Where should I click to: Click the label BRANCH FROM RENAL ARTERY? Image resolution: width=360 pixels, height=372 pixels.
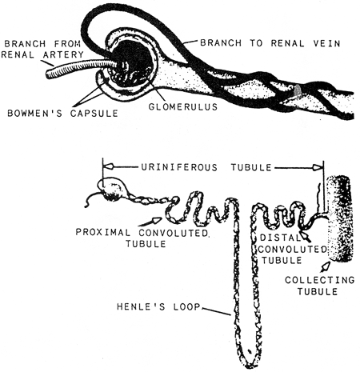[42, 49]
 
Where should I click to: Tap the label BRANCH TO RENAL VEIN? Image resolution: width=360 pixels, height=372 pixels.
[270, 43]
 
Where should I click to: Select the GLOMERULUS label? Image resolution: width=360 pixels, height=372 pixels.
[183, 106]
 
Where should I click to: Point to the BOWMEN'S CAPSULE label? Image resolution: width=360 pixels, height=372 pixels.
[62, 113]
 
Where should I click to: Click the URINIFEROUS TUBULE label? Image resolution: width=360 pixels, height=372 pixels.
[206, 167]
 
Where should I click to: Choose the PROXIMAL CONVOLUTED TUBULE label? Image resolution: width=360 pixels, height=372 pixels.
[143, 238]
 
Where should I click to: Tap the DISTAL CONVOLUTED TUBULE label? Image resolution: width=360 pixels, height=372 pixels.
[292, 249]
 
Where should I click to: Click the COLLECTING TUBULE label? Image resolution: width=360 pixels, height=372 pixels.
[319, 286]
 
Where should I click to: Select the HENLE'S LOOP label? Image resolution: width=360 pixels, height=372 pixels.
[158, 307]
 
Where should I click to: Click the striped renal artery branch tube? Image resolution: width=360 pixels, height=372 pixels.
[82, 68]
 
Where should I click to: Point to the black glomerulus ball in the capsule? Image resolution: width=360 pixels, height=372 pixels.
[130, 62]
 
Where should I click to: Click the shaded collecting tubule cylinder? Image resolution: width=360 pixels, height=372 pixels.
[340, 219]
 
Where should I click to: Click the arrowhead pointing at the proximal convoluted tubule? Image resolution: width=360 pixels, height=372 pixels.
[157, 220]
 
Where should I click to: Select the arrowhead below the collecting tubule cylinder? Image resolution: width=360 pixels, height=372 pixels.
[326, 266]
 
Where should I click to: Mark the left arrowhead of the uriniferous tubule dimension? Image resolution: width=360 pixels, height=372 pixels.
[108, 167]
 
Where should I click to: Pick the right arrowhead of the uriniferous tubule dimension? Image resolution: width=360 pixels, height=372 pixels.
[318, 167]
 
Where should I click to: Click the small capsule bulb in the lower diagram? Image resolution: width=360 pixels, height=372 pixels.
[112, 190]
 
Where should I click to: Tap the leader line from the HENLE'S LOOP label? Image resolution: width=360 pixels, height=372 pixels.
[216, 312]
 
